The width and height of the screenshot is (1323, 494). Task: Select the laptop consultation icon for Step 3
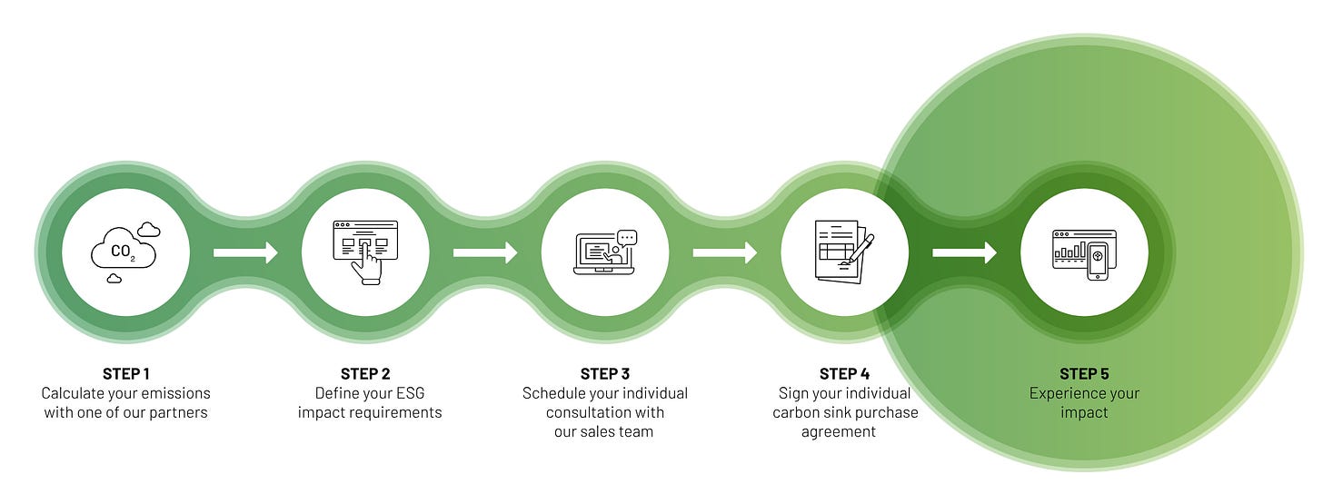coord(605,252)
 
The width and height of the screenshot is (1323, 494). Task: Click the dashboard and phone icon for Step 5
coord(1084,252)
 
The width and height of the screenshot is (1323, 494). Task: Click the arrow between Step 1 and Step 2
coord(245,252)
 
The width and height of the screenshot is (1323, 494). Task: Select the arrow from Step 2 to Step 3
coord(485,252)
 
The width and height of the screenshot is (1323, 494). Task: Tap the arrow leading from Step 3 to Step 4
coord(725,252)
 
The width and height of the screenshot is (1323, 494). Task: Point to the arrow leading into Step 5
coord(964,252)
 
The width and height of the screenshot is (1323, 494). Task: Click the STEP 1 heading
coord(125,373)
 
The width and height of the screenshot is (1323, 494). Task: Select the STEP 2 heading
coord(365,373)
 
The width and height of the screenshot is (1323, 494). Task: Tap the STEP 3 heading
coord(605,373)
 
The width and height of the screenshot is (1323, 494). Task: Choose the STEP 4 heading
coord(844,373)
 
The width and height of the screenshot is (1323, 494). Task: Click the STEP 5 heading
coord(1084,373)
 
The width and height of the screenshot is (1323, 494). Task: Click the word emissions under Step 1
coord(176,393)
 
